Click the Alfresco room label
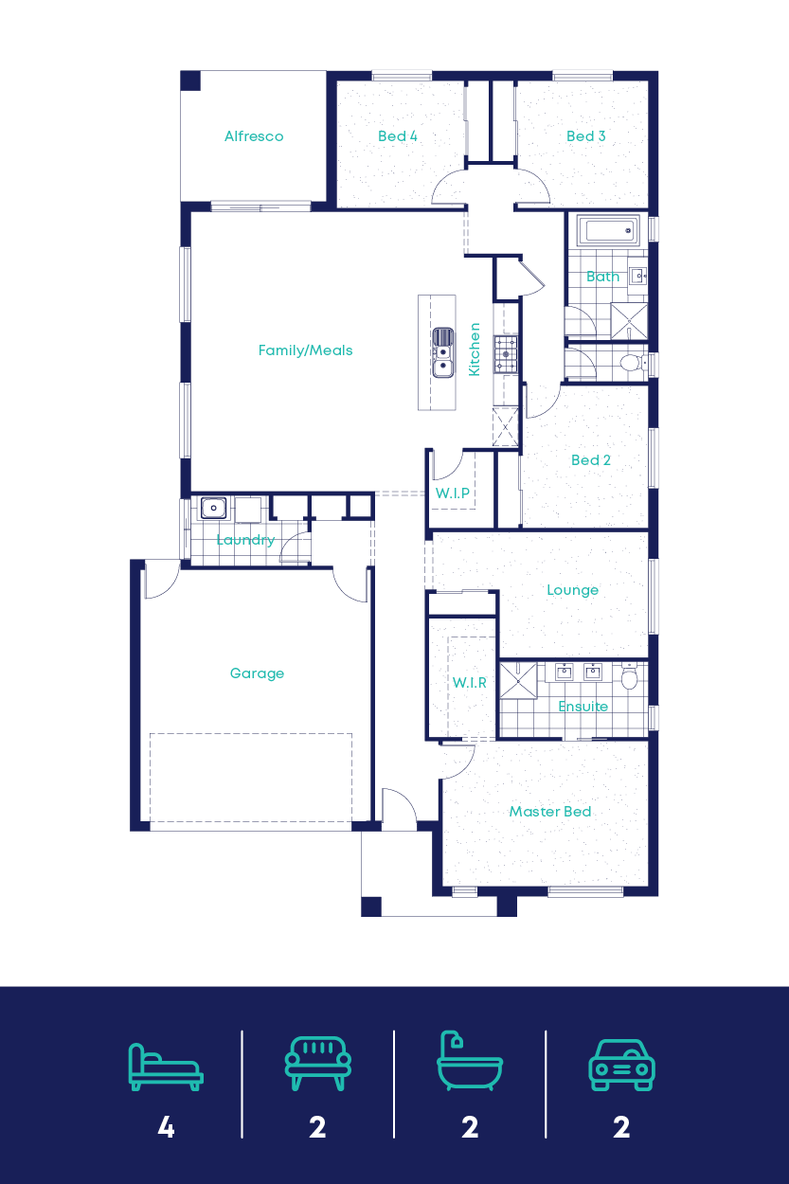click(x=254, y=136)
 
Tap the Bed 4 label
click(x=398, y=136)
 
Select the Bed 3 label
click(x=586, y=136)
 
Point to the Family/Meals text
click(x=305, y=350)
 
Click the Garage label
click(x=257, y=673)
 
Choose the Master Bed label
click(x=550, y=812)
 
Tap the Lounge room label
click(x=572, y=590)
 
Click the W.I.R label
click(x=470, y=682)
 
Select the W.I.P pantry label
click(x=452, y=493)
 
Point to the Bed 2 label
click(x=591, y=460)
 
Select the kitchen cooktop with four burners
click(x=506, y=353)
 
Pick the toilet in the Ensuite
click(x=630, y=678)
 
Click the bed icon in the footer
click(x=166, y=1067)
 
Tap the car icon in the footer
click(x=621, y=1066)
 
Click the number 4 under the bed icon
click(x=166, y=1128)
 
